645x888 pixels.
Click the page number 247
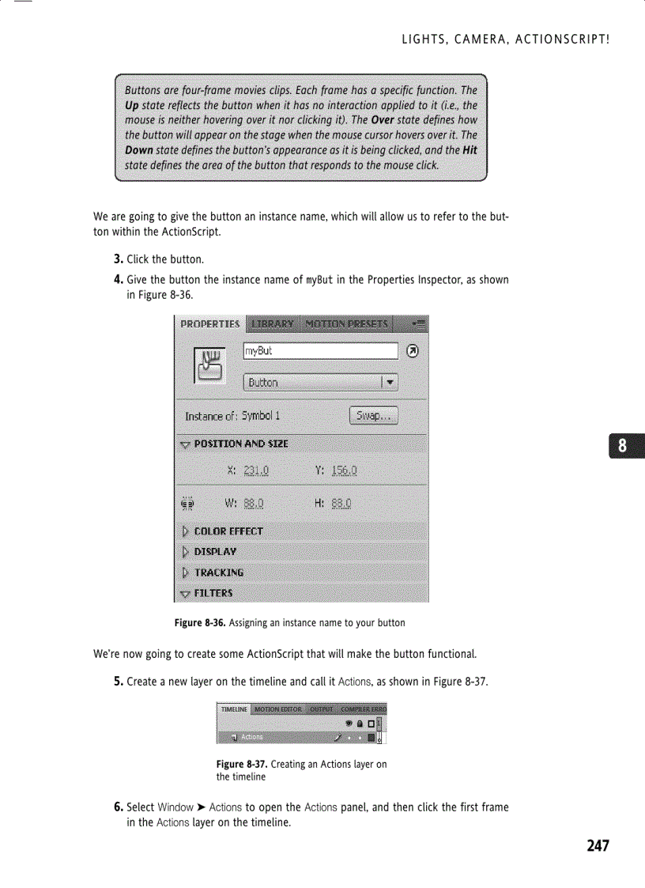coord(598,846)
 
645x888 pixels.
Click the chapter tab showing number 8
coord(623,446)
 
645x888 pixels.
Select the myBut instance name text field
coord(320,351)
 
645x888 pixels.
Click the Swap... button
coord(373,416)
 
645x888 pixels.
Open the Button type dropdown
coord(320,383)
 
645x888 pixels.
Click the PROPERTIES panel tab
coord(209,324)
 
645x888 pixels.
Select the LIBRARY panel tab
coord(272,324)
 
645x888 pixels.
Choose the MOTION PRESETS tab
coord(346,324)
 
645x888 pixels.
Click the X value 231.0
coord(256,470)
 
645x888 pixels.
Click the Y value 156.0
coord(345,470)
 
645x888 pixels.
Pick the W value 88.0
coord(254,503)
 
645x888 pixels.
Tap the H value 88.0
coord(342,503)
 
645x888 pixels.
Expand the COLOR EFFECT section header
coord(228,531)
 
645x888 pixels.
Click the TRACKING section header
coord(218,572)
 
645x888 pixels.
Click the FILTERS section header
coord(213,593)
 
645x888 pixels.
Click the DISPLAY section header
coord(215,552)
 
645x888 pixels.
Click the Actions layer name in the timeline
coord(252,737)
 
